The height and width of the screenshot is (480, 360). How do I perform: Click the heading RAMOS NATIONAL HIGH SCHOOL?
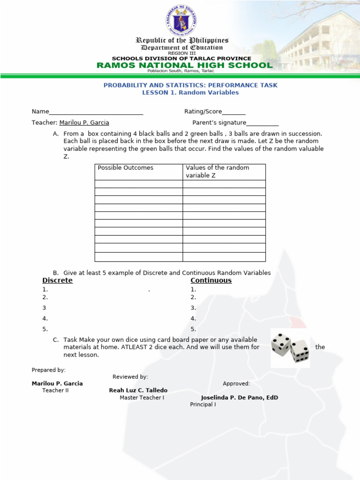[184, 66]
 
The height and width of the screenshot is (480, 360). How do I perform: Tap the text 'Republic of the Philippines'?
[182, 40]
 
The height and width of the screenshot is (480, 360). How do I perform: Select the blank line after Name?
[96, 112]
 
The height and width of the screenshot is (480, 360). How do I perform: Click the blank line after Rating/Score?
[234, 112]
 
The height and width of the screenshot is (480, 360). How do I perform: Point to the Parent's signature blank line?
[262, 123]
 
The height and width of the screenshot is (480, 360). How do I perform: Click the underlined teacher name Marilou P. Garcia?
[84, 123]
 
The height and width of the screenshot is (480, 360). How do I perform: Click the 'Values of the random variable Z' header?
[217, 172]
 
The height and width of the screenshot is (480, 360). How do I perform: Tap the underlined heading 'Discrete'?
[58, 280]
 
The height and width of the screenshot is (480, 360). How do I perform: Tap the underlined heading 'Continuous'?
[211, 280]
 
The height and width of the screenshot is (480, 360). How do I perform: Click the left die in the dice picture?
[281, 344]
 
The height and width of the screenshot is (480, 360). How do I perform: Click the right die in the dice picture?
[300, 351]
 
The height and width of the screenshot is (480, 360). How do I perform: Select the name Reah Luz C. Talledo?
[138, 390]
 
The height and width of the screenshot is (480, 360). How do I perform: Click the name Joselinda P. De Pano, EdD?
[240, 397]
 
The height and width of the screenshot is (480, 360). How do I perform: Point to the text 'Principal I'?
[203, 405]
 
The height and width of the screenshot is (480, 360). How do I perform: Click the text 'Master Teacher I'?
[142, 397]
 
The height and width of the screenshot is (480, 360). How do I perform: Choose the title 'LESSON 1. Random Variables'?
[190, 93]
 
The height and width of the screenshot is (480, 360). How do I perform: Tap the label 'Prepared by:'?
[49, 370]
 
